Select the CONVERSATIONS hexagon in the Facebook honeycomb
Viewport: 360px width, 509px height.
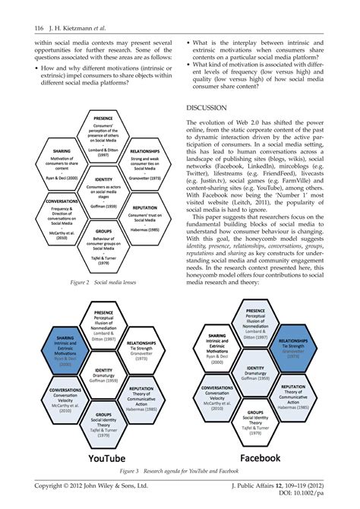click(x=219, y=395)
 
